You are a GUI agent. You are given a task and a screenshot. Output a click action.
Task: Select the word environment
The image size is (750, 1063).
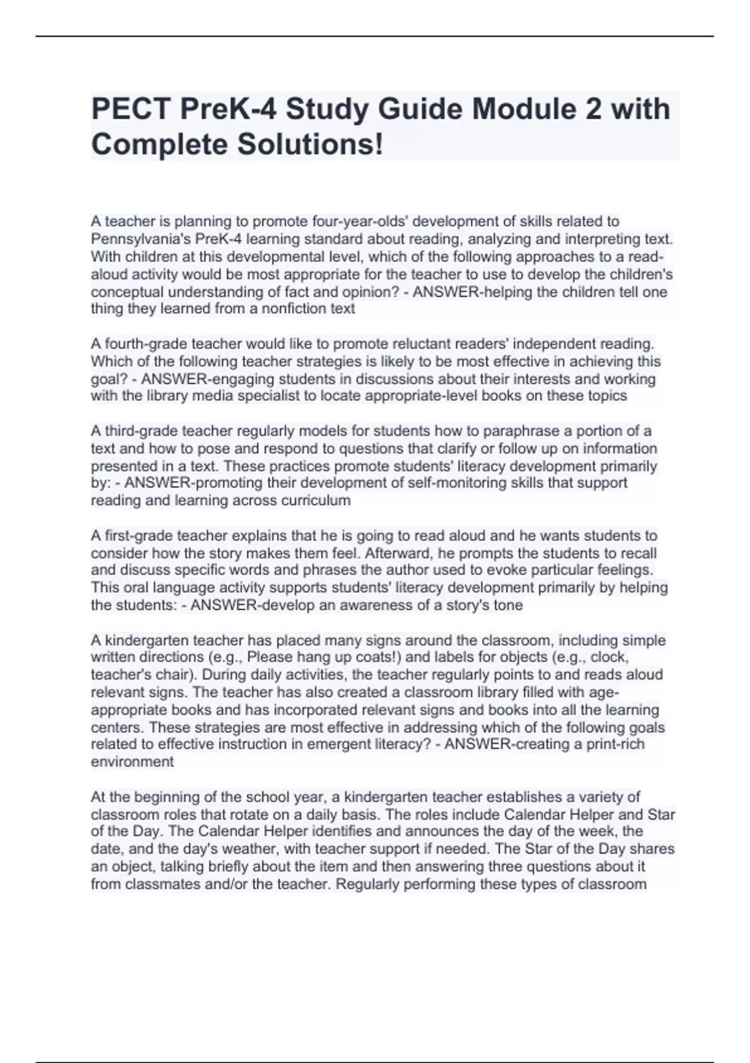pos(132,762)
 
